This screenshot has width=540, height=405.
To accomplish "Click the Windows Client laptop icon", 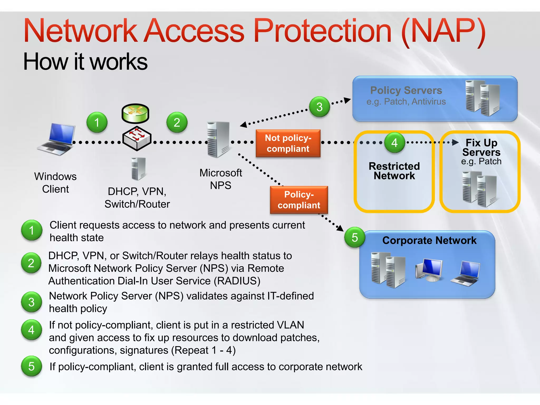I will click(57, 139).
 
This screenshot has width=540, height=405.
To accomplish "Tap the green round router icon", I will click(135, 113).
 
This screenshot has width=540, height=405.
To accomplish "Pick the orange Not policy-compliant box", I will click(288, 143).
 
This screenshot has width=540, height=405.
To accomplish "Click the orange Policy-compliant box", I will click(299, 200).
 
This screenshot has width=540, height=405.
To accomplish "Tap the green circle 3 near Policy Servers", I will click(319, 107).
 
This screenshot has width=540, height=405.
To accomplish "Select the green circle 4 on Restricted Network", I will click(394, 143).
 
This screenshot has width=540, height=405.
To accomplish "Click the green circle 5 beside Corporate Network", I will click(355, 237).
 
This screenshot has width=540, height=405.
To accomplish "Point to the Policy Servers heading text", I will click(406, 90).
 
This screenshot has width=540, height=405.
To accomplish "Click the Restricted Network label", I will click(394, 171).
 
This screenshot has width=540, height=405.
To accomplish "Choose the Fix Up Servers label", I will click(481, 148).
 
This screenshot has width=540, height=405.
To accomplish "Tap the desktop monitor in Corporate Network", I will click(429, 269).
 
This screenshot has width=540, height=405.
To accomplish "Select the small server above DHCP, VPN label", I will click(138, 169).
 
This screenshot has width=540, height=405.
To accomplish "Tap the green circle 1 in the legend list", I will click(32, 230).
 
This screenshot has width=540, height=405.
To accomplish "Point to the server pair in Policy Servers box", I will click(483, 98).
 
